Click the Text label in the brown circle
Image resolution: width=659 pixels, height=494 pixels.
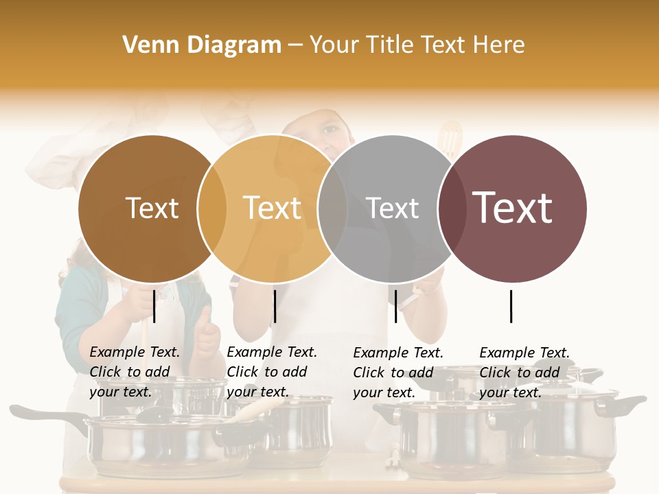[x=152, y=208]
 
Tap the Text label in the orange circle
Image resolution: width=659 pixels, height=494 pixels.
[x=272, y=208]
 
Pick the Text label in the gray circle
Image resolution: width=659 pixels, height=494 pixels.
[x=392, y=208]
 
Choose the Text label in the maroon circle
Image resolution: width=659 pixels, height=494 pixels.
[x=512, y=208]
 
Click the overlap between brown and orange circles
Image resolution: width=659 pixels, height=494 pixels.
[x=212, y=209]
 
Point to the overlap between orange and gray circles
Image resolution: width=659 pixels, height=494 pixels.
[x=332, y=209]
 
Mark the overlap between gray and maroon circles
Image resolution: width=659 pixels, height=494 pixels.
[x=452, y=209]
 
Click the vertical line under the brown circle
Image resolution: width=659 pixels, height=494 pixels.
[x=154, y=306]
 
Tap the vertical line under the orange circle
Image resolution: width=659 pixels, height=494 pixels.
[x=275, y=306]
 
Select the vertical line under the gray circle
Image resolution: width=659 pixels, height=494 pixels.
[x=395, y=306]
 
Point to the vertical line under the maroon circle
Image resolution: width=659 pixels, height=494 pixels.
[x=511, y=306]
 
